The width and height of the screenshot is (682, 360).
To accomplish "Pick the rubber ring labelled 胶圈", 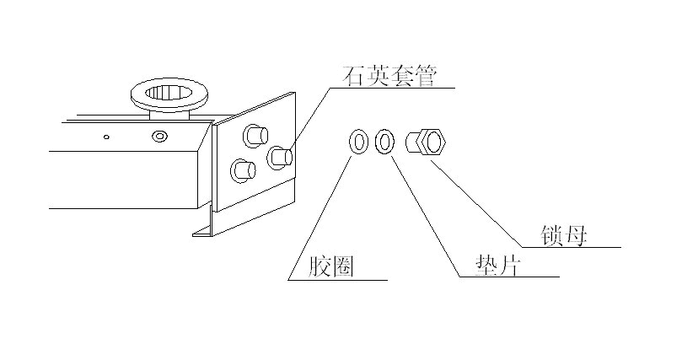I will (357, 142).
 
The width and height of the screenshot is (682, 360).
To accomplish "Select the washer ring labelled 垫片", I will (384, 142).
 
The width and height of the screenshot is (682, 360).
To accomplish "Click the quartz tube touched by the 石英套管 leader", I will (280, 156).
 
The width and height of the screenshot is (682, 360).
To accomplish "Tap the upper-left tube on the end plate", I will (254, 134).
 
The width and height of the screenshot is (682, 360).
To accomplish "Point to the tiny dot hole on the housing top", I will (106, 135).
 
